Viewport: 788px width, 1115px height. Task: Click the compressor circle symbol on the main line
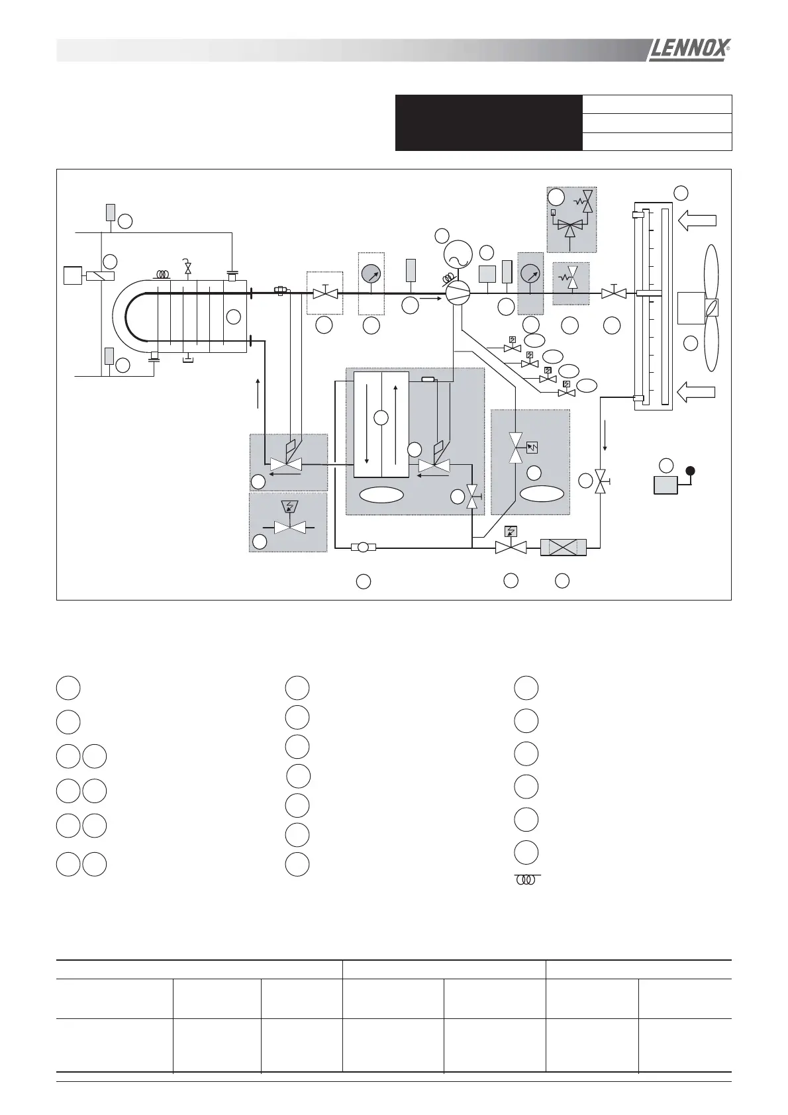457,292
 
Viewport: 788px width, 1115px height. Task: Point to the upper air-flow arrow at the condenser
697,220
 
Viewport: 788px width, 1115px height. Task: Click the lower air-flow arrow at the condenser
697,391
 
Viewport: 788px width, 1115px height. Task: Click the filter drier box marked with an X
564,548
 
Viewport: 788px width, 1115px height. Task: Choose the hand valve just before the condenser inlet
614,292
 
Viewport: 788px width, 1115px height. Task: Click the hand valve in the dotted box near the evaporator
325,292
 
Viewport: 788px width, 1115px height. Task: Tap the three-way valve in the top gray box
569,225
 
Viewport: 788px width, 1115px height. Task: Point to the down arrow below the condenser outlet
605,438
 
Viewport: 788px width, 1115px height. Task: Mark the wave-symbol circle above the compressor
457,253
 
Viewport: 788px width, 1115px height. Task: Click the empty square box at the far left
72,275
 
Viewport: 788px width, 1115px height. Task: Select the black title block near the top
489,123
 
